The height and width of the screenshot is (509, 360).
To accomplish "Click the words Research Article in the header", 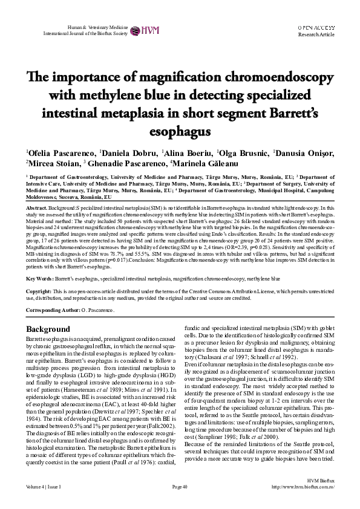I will click(316, 35).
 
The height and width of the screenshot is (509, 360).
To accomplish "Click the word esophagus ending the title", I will click(179, 131).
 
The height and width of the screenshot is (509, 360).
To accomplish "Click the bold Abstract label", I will click(37, 207).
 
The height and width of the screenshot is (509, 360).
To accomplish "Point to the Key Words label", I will click(41, 279).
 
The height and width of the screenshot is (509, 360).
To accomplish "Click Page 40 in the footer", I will click(180, 502).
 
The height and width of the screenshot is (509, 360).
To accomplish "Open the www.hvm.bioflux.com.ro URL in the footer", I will click(305, 502).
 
